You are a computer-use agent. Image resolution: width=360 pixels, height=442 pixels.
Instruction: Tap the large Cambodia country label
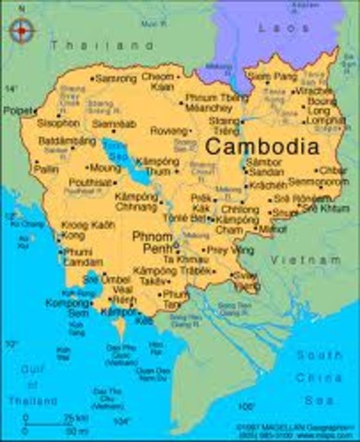click(261, 146)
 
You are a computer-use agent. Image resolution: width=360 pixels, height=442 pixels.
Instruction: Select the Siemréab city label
click(113, 122)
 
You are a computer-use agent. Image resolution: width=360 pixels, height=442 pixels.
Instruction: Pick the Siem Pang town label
click(273, 76)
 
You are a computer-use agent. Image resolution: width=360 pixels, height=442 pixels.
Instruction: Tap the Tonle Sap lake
click(122, 153)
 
